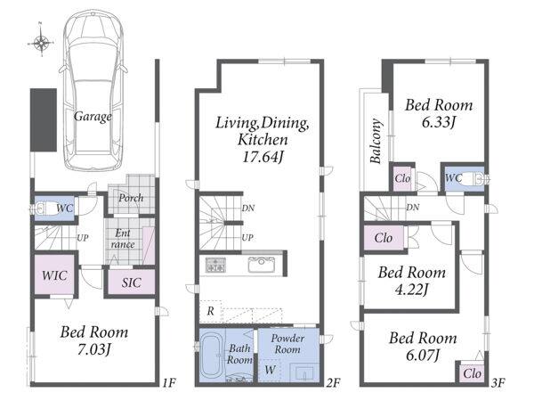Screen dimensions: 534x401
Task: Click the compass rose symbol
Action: coord(41,42)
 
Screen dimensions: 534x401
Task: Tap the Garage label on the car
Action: coord(93,117)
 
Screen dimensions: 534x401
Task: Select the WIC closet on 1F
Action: coord(54,275)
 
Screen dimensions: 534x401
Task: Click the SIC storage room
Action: coord(132,282)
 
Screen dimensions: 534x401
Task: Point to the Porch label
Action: coord(131,198)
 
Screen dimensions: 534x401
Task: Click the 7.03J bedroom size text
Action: coord(94,349)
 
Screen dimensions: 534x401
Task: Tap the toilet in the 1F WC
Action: coord(45,209)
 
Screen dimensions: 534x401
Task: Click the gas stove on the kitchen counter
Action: coord(215,265)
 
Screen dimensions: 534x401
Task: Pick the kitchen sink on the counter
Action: coord(262,265)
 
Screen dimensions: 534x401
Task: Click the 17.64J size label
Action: coord(263,157)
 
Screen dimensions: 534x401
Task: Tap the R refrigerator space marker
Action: coord(210,311)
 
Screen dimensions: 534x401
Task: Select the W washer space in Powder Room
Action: coord(270,370)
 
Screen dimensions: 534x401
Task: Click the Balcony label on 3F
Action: coord(376,141)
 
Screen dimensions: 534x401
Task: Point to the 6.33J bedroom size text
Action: coord(439,122)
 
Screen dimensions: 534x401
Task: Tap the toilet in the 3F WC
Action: coord(473,179)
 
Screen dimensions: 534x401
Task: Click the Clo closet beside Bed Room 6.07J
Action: coord(472,373)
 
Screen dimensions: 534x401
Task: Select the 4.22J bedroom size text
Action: coord(411,290)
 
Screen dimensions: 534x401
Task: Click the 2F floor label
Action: coord(333,382)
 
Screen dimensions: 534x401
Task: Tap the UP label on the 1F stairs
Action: coord(83,238)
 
